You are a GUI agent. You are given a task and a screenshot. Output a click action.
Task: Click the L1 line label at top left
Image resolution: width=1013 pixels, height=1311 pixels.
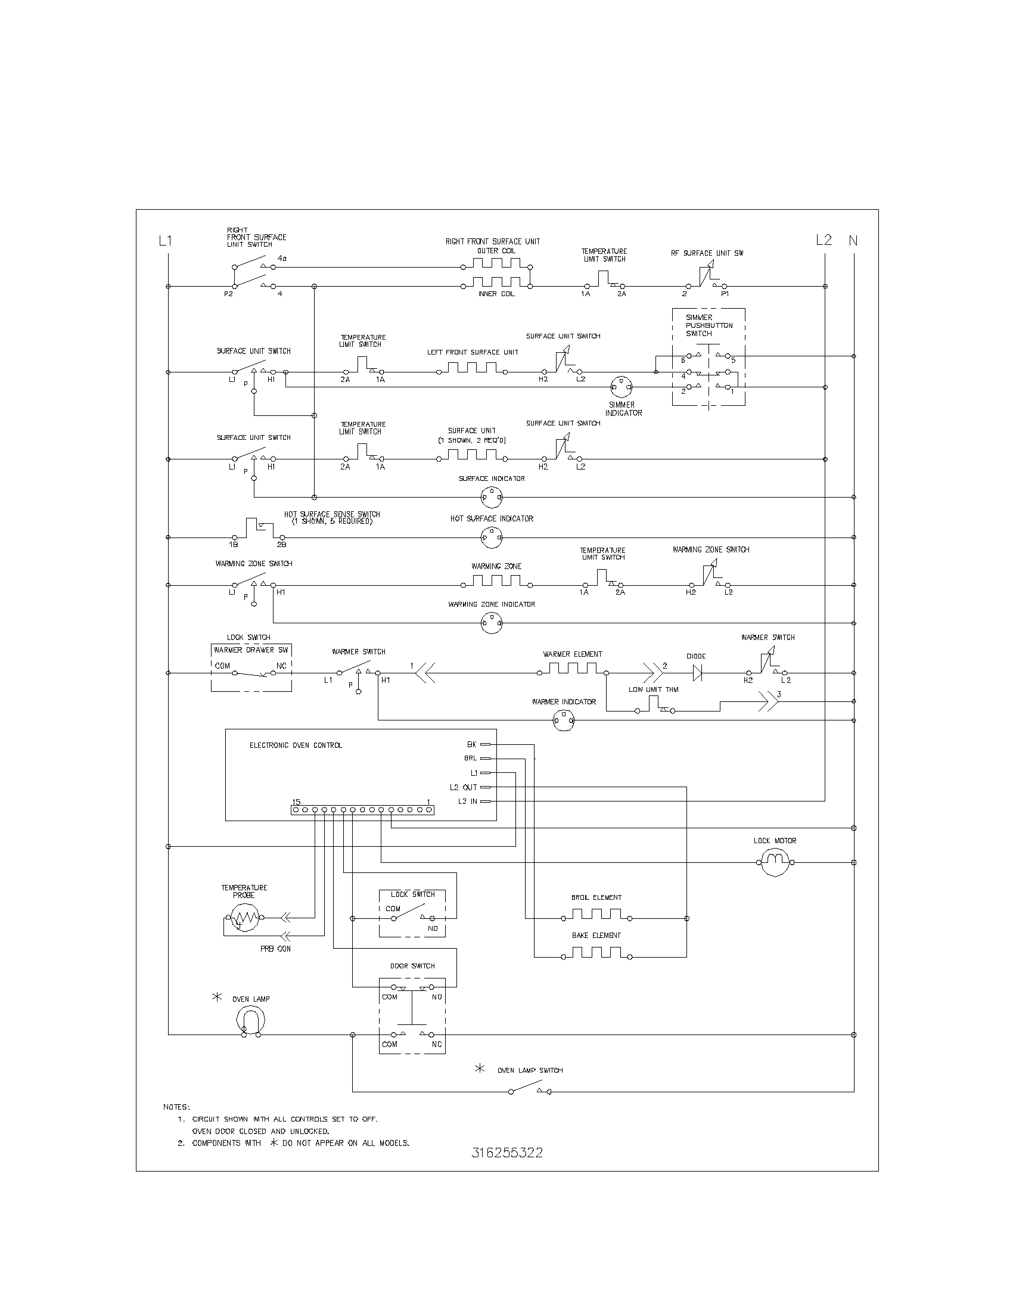165,241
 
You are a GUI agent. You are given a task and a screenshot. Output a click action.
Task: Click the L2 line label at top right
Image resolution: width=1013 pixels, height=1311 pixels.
824,240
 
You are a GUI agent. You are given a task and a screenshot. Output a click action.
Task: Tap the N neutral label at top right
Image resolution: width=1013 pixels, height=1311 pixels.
853,241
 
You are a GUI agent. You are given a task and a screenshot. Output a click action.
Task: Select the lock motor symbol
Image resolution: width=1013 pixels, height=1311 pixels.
775,863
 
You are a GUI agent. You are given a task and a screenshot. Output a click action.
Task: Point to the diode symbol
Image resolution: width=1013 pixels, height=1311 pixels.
697,673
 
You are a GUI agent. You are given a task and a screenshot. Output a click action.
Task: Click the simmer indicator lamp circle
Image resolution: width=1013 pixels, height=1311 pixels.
621,387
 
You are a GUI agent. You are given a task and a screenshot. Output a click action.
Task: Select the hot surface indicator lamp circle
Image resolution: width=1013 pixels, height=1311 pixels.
492,538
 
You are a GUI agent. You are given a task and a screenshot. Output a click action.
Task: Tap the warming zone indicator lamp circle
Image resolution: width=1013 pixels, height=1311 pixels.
492,625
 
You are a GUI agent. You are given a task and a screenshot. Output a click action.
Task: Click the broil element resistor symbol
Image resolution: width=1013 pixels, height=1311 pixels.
596,917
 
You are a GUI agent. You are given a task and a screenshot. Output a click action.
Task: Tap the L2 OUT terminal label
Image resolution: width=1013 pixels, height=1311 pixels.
463,788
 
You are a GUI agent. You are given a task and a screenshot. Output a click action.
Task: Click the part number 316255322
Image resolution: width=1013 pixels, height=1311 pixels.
507,1152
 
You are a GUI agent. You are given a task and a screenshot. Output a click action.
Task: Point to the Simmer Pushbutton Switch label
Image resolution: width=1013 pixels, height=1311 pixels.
709,325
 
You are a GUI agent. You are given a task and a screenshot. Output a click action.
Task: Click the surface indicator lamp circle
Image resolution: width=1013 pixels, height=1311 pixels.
492,497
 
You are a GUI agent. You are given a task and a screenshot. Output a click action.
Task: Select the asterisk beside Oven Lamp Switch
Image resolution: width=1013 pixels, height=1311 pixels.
480,1068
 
